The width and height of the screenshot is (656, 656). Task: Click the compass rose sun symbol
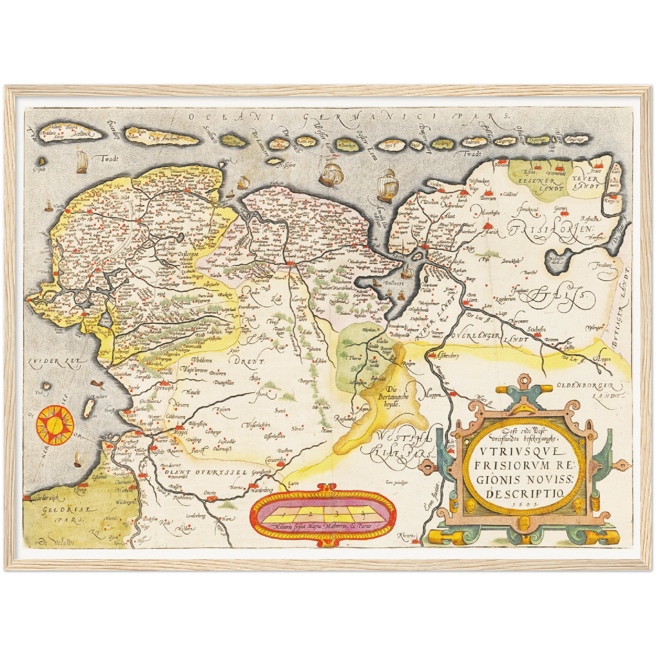pyautogui.click(x=55, y=425)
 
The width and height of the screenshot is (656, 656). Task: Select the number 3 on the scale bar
pyautogui.click(x=337, y=514)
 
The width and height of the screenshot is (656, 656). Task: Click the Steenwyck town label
pyautogui.click(x=166, y=389)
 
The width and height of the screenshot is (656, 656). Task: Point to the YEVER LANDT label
pyautogui.click(x=585, y=182)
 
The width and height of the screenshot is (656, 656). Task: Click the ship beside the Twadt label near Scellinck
pyautogui.click(x=82, y=162)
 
